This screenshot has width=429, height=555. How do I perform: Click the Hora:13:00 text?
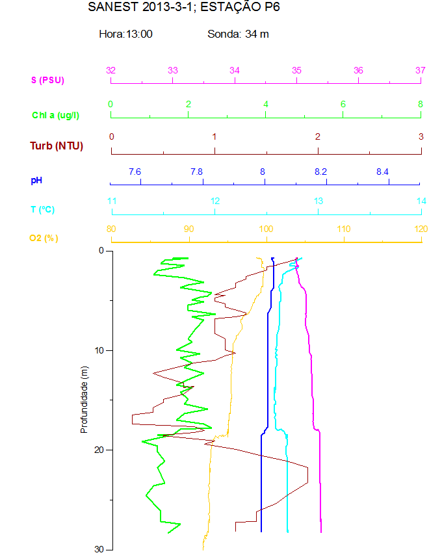pos(125,34)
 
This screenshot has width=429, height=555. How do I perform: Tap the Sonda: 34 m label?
pos(238,34)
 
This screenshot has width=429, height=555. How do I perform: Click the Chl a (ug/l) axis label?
pos(56,115)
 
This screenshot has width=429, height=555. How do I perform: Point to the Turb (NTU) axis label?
pos(57,146)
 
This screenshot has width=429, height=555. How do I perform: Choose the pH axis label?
pos(36,179)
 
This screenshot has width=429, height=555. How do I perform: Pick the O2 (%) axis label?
pos(44,238)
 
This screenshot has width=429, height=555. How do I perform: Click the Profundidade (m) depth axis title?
pos(84,400)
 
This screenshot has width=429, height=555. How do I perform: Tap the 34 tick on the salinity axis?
pos(235,70)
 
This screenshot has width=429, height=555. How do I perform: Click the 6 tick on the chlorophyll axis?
pos(343,104)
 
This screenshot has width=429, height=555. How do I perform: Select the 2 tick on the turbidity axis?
pos(318,136)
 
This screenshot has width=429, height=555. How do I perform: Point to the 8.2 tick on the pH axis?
pos(320,172)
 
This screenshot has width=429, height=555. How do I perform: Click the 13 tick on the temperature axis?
pos(318,201)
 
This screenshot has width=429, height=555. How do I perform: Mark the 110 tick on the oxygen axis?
pos(344,229)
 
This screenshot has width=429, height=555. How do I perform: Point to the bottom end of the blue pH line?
pos(261,532)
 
